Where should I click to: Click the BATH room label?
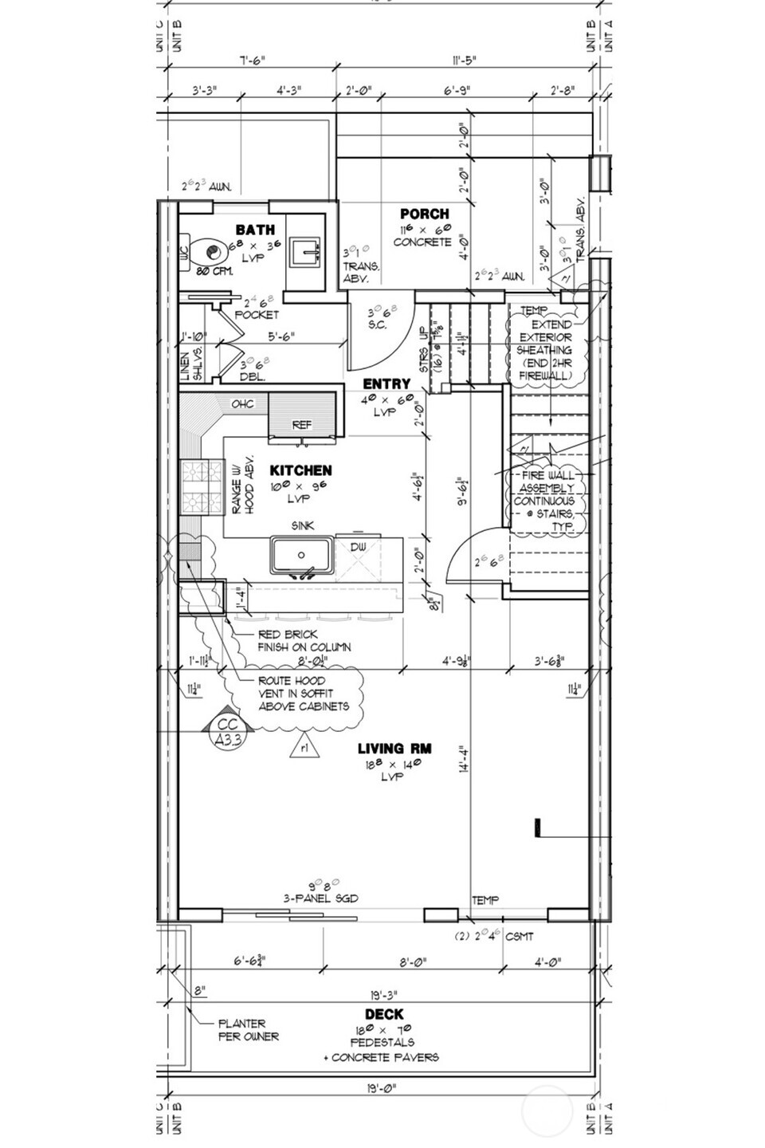pos(255,230)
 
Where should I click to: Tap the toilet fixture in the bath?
pos(209,253)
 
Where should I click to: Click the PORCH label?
pos(424,214)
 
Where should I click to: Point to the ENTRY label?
pos(386,384)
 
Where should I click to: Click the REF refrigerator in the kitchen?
pos(302,424)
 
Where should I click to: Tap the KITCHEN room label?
pos(300,470)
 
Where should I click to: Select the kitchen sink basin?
pos(301,555)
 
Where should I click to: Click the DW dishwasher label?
pos(358,546)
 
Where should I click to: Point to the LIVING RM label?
pos(394,749)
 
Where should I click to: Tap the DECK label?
pos(384,1015)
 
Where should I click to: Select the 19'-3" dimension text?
pos(384,995)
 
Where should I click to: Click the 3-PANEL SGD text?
pos(322,898)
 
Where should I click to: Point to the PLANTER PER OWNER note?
pos(249,1029)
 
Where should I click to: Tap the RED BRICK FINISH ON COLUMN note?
pos(304,640)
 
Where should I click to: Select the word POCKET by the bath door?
pos(257,315)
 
